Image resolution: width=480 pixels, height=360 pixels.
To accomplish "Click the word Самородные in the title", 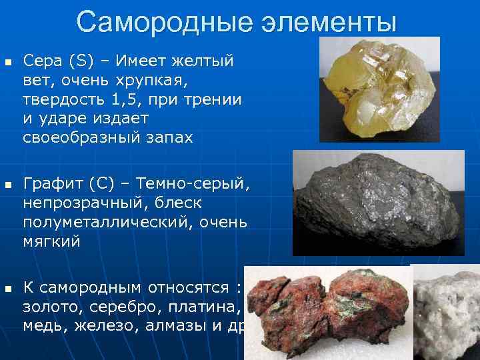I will point(155,21).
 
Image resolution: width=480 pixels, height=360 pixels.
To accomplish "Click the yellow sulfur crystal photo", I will point(380,89).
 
